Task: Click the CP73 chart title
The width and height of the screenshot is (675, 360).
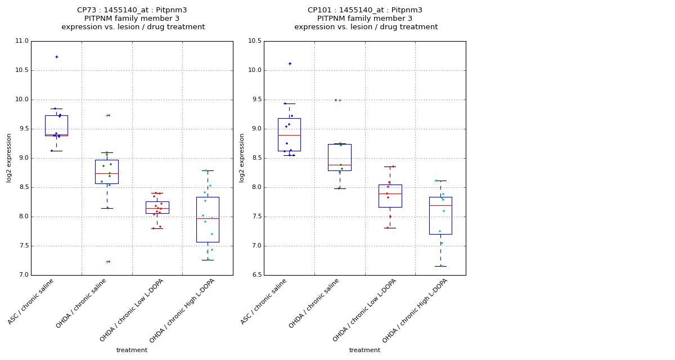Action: pos(133,19)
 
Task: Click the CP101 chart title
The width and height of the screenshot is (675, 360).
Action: pos(366,19)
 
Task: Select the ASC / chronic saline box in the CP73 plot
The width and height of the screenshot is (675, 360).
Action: pos(56,125)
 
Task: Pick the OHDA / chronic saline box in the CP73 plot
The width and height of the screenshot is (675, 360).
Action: pos(107,172)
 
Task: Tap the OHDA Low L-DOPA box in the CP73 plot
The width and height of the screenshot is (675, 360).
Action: pos(157,207)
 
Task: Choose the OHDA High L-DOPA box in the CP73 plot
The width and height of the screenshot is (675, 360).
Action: pos(208,219)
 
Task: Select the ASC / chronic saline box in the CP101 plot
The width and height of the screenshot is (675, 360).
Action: pos(289,134)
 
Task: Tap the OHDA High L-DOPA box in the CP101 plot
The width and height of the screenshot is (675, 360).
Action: pos(440,215)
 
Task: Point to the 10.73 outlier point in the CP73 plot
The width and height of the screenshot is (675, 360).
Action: pos(56,57)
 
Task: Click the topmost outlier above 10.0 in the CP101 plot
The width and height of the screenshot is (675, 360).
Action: pos(290,64)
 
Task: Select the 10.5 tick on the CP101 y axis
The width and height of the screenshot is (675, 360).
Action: pos(254,41)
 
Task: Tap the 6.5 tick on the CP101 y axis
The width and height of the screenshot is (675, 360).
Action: pos(255,275)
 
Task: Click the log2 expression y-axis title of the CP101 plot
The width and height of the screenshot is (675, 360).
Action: pos(242,158)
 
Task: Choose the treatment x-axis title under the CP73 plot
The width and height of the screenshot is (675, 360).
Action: pos(132,350)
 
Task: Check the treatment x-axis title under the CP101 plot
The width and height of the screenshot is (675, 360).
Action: pos(364,350)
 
